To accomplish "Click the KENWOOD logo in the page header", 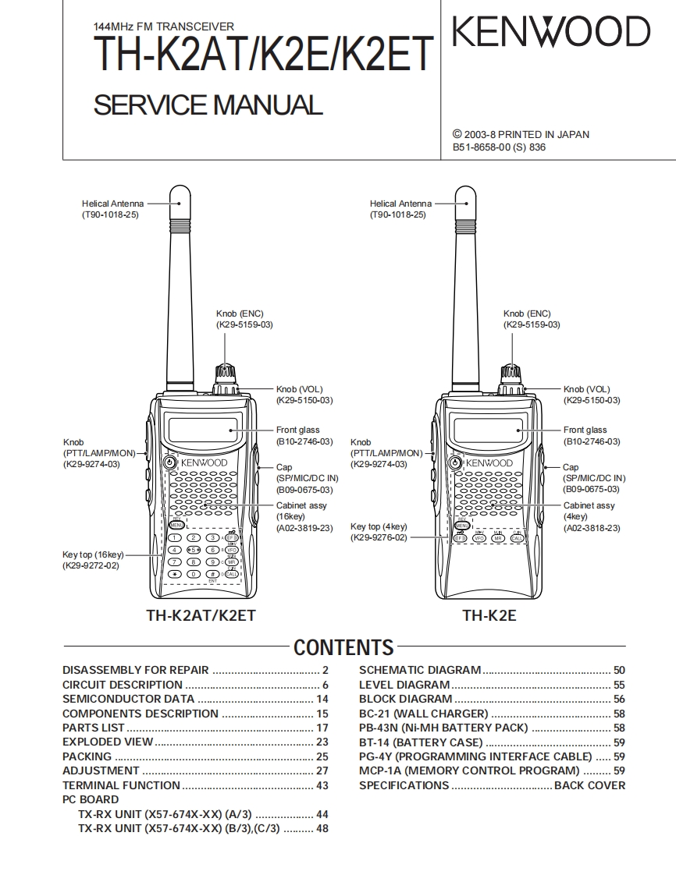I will pyautogui.click(x=551, y=33).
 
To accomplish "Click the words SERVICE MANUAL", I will pyautogui.click(x=208, y=105).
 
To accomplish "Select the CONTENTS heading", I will pyautogui.click(x=343, y=647).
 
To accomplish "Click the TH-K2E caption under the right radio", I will pyautogui.click(x=489, y=615).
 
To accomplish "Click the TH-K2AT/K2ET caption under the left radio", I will pyautogui.click(x=201, y=615).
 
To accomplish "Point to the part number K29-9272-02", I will pyautogui.click(x=91, y=565).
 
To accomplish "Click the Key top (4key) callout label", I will pyautogui.click(x=379, y=526).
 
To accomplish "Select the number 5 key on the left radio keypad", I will pyautogui.click(x=194, y=550).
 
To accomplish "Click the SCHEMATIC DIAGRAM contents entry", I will pyautogui.click(x=420, y=670).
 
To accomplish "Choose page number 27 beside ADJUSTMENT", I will pyautogui.click(x=322, y=770).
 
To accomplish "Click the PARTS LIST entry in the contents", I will pyautogui.click(x=93, y=728).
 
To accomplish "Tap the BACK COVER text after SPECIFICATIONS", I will pyautogui.click(x=589, y=785).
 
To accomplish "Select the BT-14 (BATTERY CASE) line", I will pyautogui.click(x=421, y=742).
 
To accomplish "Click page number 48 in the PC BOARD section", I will pyautogui.click(x=322, y=829).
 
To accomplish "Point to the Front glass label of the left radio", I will pyautogui.click(x=297, y=430).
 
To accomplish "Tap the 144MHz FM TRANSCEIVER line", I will pyautogui.click(x=163, y=27).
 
